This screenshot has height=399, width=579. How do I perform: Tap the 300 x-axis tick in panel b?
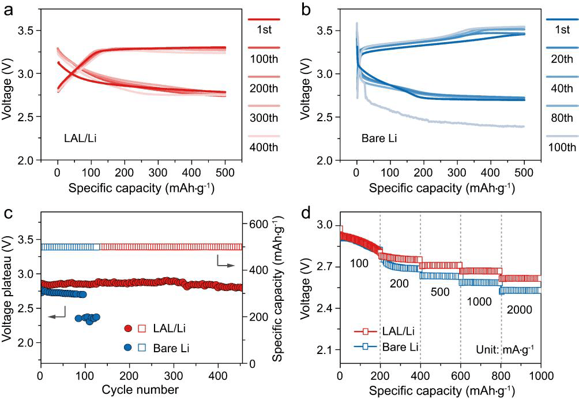[x=457, y=173]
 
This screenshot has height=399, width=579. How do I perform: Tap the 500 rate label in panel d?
[x=441, y=292]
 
